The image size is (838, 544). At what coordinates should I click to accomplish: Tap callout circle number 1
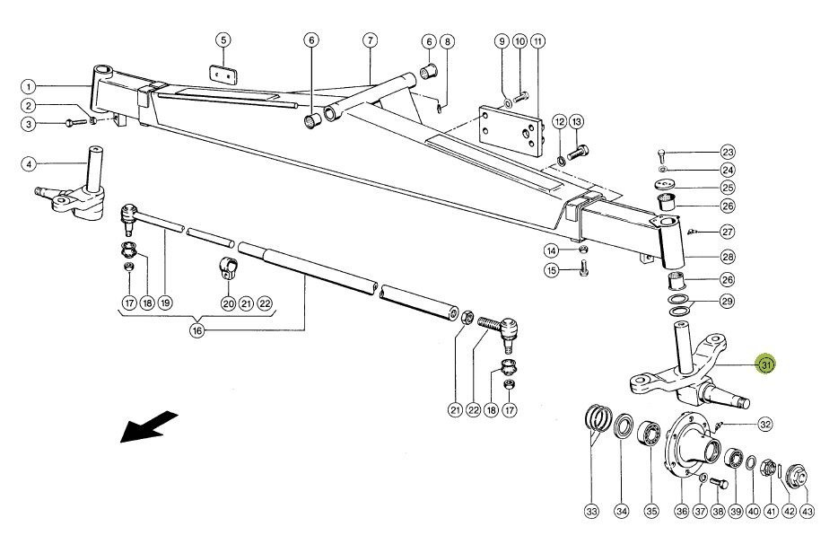29,87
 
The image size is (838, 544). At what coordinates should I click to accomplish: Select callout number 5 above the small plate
223,39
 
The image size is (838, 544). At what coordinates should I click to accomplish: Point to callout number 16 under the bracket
196,330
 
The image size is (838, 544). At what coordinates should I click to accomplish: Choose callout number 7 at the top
370,40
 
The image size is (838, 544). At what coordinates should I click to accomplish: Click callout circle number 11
537,40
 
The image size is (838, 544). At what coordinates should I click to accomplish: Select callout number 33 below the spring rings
591,511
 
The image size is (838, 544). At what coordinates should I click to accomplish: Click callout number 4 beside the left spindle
29,164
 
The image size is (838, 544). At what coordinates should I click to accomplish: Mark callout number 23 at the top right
728,152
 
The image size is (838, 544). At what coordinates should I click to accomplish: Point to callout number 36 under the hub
681,511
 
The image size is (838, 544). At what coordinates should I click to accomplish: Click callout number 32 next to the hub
764,424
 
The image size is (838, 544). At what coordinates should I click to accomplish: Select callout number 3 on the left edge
29,124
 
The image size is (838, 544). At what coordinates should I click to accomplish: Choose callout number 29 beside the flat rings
728,302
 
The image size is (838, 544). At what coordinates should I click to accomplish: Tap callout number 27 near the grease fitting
728,232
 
